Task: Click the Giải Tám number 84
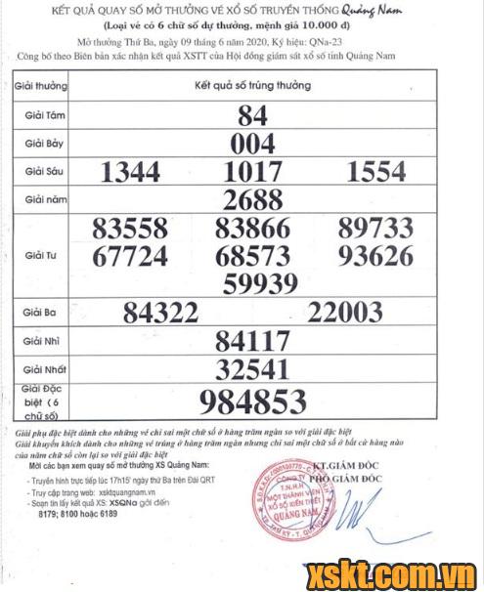252,115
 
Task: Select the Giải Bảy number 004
252,145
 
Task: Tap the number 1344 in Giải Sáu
130,174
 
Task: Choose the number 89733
375,230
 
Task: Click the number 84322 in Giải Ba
167,313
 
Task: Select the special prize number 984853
253,402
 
